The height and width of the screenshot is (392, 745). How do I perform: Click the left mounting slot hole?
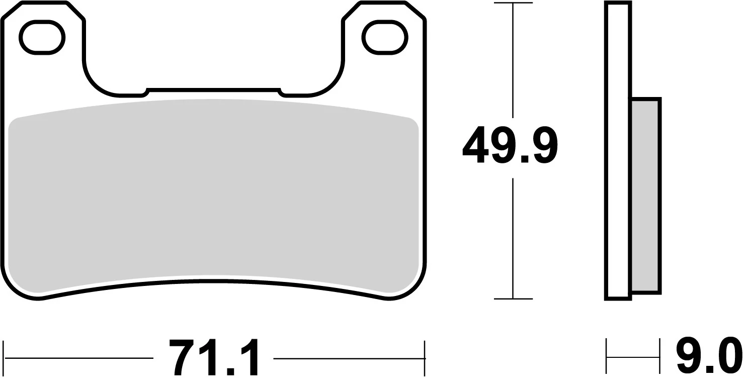pyautogui.click(x=42, y=37)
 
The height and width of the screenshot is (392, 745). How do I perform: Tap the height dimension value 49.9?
pyautogui.click(x=509, y=146)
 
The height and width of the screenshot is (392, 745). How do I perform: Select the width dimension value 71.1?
pyautogui.click(x=213, y=358)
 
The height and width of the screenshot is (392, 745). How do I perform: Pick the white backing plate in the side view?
pyautogui.click(x=618, y=151)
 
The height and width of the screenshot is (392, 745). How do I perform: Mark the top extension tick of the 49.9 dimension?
pyautogui.click(x=513, y=4)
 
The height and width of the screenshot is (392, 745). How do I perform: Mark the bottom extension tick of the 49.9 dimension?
pyautogui.click(x=513, y=299)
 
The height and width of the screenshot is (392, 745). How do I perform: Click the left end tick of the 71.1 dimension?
pyautogui.click(x=4, y=358)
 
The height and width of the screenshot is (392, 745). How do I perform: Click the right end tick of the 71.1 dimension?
pyautogui.click(x=425, y=358)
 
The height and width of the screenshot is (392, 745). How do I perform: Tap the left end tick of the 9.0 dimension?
pyautogui.click(x=607, y=357)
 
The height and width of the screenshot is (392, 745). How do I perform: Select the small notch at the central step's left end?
pyautogui.click(x=145, y=91)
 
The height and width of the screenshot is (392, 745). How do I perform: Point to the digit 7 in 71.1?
pyautogui.click(x=184, y=358)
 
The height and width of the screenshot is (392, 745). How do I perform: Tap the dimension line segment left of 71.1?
pyautogui.click(x=78, y=358)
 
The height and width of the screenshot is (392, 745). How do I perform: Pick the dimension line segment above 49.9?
pyautogui.click(x=513, y=60)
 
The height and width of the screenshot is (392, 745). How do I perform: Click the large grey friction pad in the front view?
pyautogui.click(x=213, y=196)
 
